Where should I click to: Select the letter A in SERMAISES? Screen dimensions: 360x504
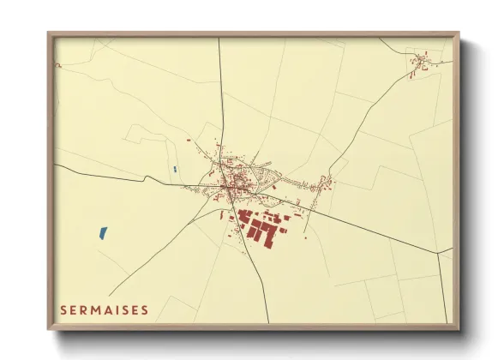tap(100, 309)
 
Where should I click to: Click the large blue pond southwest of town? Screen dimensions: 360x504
tap(103, 231)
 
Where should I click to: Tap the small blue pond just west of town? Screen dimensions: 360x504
tap(174, 170)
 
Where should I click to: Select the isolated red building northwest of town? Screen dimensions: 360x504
tap(189, 140)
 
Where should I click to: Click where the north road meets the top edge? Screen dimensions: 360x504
tap(219, 39)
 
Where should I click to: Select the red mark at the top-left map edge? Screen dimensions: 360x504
tap(58, 65)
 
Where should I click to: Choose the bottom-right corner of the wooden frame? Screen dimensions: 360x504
tap(458, 328)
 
